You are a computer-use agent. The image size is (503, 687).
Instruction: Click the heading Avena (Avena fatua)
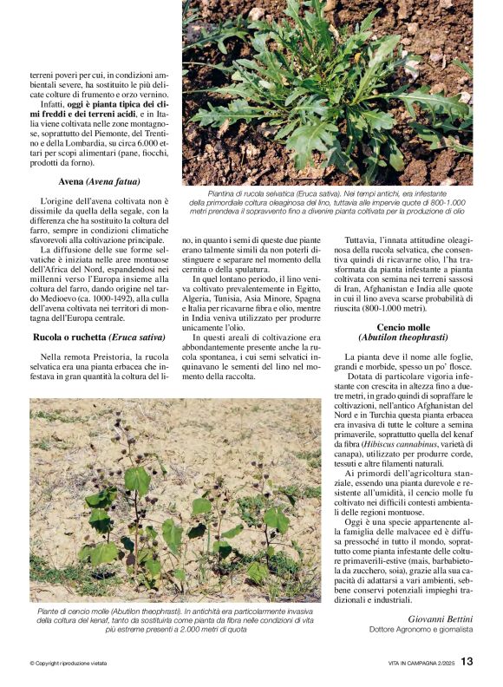tap(98, 182)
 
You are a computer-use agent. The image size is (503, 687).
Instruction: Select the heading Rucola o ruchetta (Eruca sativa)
tap(98, 336)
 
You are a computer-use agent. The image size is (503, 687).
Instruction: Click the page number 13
tap(467, 662)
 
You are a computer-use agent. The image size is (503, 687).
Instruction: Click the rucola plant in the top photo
tap(321, 95)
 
